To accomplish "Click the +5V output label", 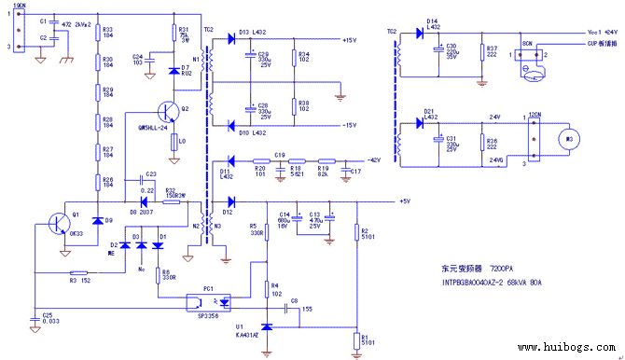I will tap(404, 201).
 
